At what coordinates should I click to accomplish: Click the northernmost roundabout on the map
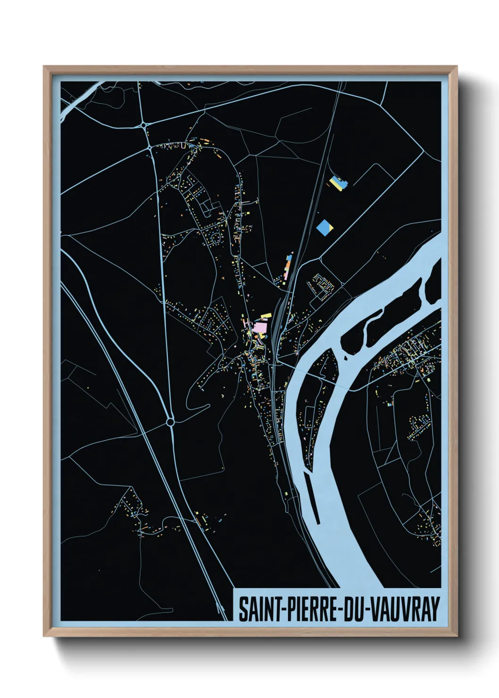143,125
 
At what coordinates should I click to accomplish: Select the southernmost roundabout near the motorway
170,422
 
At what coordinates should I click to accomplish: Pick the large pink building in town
259,327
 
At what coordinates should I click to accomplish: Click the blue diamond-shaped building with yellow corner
325,227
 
